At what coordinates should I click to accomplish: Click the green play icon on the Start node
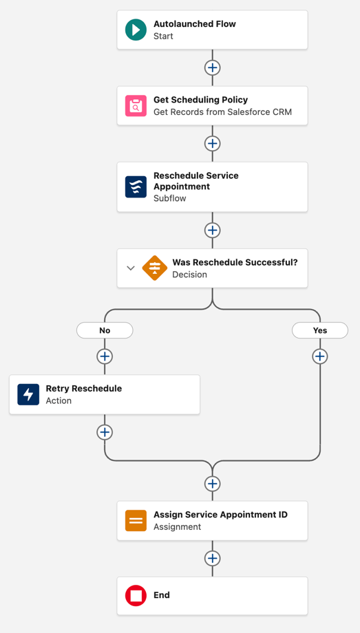[136, 30]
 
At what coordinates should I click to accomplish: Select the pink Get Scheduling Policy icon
[136, 106]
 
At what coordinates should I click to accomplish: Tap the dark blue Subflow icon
[136, 186]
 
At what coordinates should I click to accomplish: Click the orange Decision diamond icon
[155, 268]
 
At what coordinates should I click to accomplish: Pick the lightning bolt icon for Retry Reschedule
[28, 394]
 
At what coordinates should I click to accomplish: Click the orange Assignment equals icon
[136, 521]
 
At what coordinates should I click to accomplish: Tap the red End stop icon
[136, 595]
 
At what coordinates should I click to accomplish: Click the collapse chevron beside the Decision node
[131, 268]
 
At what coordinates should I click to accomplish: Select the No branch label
[105, 330]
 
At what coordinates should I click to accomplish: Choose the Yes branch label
[320, 330]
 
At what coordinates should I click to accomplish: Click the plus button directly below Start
[213, 67]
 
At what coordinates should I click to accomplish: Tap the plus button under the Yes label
[320, 356]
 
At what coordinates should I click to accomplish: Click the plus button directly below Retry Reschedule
[105, 432]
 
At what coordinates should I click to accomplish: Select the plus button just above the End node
[213, 559]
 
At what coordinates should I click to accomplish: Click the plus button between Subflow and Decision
[213, 230]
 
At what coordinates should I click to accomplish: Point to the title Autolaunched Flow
[195, 24]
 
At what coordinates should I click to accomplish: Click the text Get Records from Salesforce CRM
[222, 112]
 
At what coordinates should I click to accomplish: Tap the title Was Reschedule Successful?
[235, 262]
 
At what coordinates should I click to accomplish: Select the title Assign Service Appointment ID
[220, 515]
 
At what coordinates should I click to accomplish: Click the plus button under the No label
[105, 356]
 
